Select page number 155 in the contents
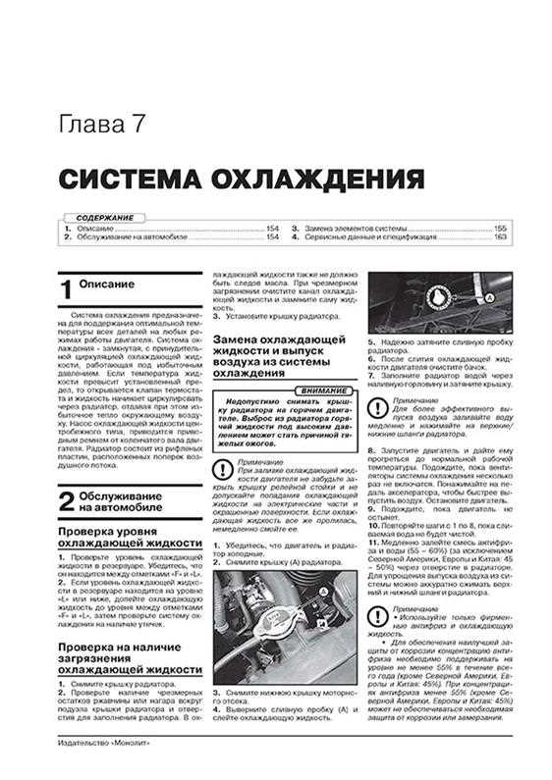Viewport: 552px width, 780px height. pos(499,228)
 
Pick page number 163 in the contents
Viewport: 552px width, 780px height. pos(499,237)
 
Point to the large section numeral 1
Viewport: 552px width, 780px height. pos(65,290)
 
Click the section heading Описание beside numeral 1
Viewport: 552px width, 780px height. pos(110,285)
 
